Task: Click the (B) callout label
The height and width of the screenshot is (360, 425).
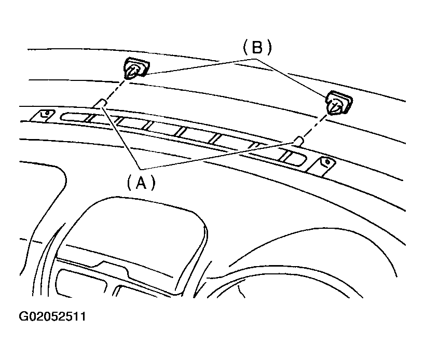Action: (x=257, y=47)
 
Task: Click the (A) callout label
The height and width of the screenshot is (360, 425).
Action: (x=141, y=182)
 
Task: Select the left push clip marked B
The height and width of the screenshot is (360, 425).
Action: (x=136, y=68)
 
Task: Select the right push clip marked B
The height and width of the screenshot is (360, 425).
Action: (x=338, y=103)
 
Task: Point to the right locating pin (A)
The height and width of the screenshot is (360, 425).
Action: (x=298, y=142)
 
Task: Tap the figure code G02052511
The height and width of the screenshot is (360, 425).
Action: (x=52, y=316)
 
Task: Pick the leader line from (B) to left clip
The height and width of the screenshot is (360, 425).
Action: (x=200, y=66)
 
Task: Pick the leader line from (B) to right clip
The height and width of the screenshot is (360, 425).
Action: (x=291, y=78)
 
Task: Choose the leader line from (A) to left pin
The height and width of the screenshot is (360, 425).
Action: (x=121, y=138)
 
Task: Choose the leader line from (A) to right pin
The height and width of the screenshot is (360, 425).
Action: (x=217, y=156)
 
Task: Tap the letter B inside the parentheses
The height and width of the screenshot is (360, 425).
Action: (x=257, y=47)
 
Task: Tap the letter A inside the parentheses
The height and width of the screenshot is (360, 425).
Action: (x=141, y=182)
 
